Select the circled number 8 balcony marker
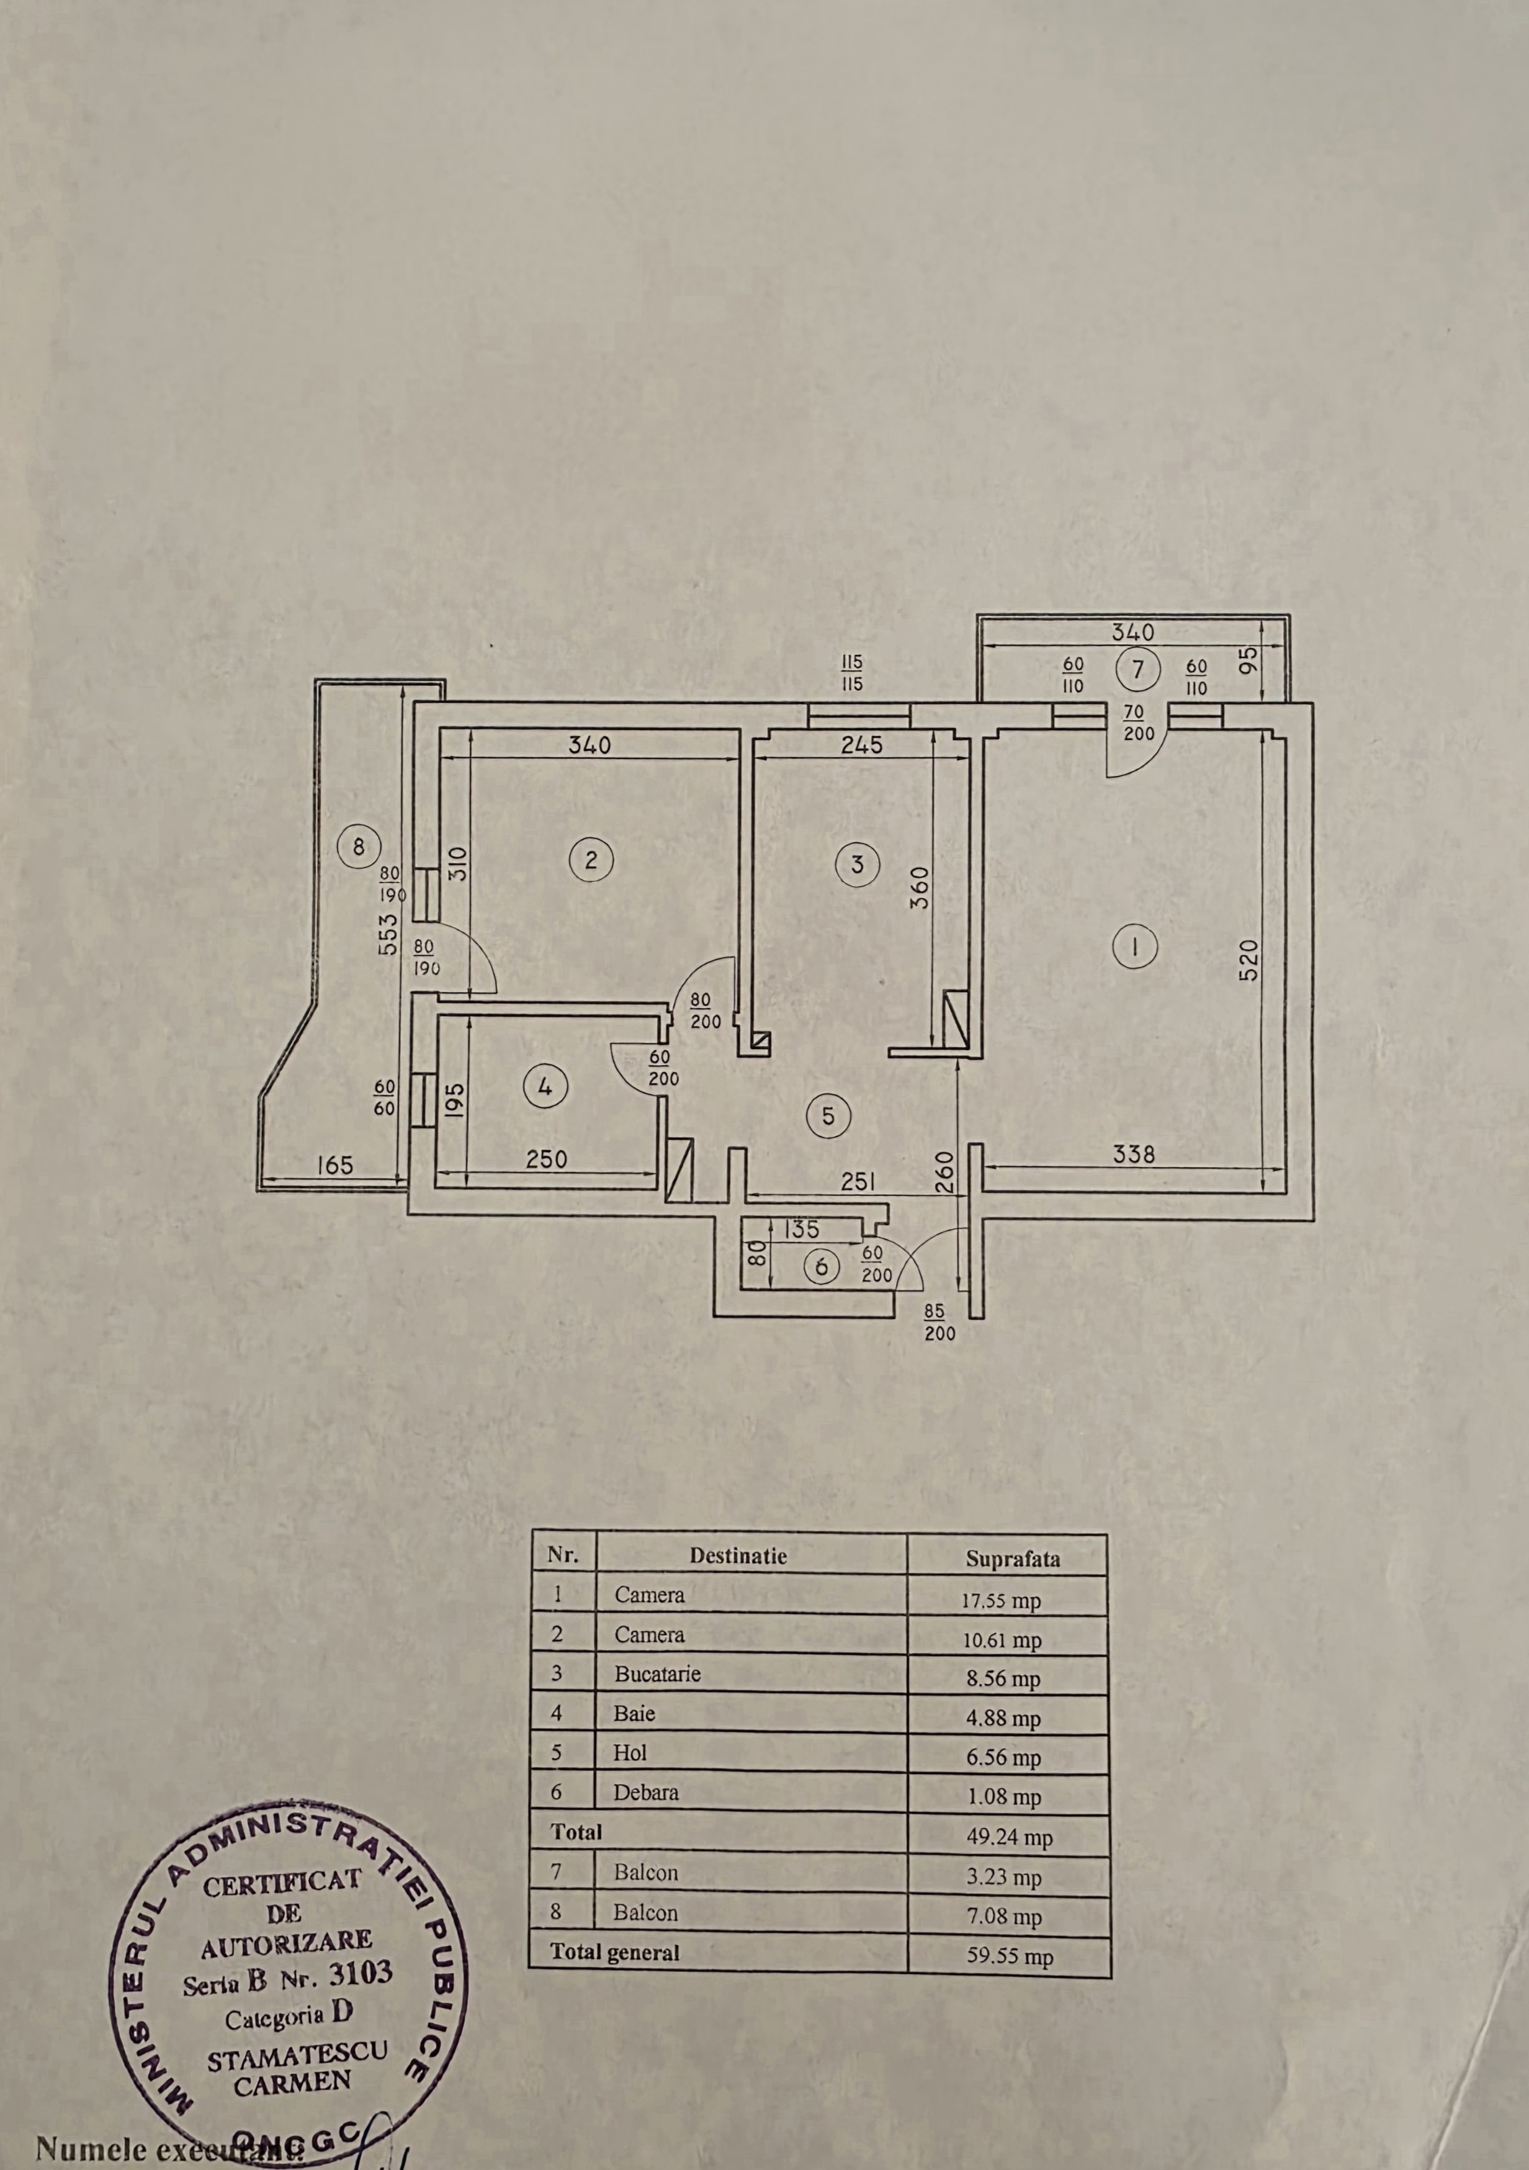358,846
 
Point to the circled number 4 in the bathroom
544,1086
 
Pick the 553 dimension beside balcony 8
387,933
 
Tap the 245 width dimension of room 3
861,745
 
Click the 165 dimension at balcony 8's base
334,1164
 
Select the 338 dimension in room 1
1134,1154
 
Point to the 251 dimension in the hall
856,1181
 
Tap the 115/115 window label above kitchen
851,674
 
